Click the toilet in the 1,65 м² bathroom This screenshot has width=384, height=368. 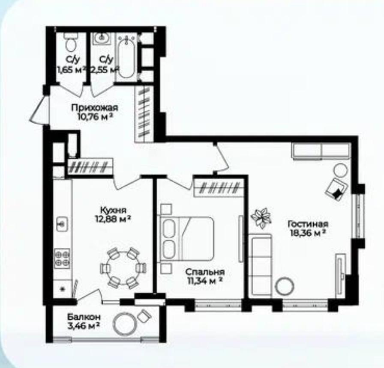pyautogui.click(x=71, y=42)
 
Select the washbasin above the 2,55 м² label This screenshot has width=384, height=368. pyautogui.click(x=102, y=39)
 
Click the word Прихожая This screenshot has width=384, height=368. pyautogui.click(x=95, y=107)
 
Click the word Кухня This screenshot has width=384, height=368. pyautogui.click(x=113, y=210)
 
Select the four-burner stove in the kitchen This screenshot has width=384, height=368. pyautogui.click(x=62, y=258)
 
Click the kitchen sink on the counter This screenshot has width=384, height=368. pyautogui.click(x=62, y=223)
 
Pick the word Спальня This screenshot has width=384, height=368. pyautogui.click(x=205, y=272)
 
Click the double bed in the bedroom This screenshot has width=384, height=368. pyautogui.click(x=186, y=238)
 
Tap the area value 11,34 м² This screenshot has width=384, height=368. pyautogui.click(x=205, y=281)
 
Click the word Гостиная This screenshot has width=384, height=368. pyautogui.click(x=308, y=224)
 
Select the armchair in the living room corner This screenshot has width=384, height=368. pyautogui.click(x=336, y=189)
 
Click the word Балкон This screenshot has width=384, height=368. pyautogui.click(x=84, y=317)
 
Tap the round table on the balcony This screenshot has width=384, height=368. pyautogui.click(x=124, y=324)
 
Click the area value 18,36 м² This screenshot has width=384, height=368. pyautogui.click(x=308, y=233)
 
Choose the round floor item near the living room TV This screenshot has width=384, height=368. pyautogui.click(x=285, y=286)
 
